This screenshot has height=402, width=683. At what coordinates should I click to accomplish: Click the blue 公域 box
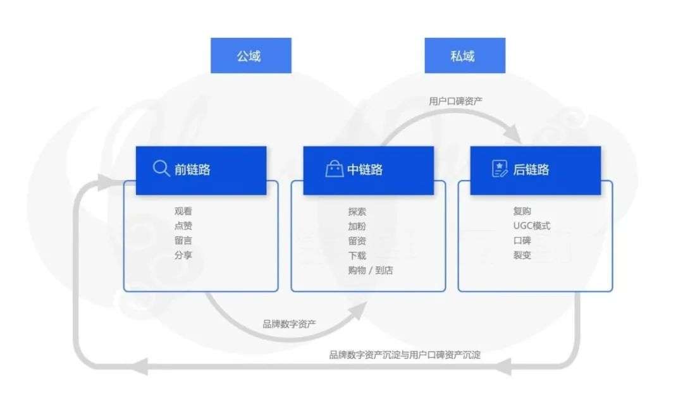[x=251, y=56]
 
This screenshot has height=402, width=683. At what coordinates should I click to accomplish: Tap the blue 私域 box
[x=465, y=56]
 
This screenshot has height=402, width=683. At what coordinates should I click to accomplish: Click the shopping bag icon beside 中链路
[x=334, y=169]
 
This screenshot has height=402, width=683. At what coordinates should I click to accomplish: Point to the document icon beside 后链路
[x=500, y=169]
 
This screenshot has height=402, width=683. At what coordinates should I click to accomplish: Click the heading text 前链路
[x=193, y=169]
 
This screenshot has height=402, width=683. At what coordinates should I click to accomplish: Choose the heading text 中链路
[x=365, y=169]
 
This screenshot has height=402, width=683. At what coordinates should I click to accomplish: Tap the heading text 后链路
[x=531, y=169]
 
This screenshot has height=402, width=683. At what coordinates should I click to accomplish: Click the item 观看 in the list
[x=183, y=212]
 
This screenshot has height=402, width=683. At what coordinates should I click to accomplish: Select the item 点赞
[x=183, y=226]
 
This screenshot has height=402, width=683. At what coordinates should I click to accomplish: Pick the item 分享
[x=183, y=256]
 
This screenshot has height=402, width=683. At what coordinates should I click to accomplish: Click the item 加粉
[x=357, y=226]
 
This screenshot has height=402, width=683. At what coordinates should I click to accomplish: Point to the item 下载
[x=357, y=256]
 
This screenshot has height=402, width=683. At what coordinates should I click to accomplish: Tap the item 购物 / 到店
[x=371, y=271]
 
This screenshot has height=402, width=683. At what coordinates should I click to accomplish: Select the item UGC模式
[x=532, y=226]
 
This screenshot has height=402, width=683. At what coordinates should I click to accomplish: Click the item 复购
[x=522, y=212]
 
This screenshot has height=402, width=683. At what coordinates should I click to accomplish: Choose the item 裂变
[x=522, y=255]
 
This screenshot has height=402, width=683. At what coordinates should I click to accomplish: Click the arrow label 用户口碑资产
[x=456, y=100]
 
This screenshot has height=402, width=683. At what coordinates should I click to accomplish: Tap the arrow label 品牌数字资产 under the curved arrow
[x=290, y=324]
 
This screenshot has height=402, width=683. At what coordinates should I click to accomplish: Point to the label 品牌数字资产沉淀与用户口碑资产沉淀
[x=405, y=355]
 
